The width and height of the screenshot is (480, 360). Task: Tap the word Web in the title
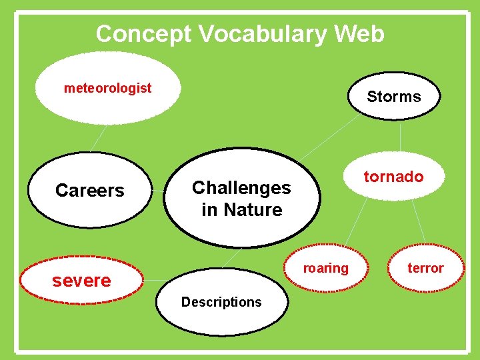363,33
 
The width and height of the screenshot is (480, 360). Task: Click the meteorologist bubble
107,89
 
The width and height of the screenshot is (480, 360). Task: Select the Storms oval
394,97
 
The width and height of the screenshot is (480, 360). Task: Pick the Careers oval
90,191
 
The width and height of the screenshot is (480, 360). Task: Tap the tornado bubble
393,177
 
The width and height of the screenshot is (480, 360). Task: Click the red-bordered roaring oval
326,268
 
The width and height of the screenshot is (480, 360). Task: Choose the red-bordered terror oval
425,268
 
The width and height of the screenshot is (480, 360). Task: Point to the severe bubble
82,281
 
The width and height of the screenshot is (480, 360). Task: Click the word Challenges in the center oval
241,188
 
